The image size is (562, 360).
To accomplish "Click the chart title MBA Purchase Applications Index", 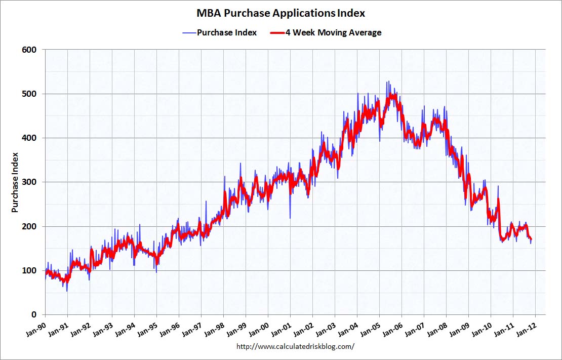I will point(280,13).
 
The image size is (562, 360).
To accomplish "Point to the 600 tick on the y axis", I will point(29,50).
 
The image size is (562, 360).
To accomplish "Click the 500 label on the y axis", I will point(29,94).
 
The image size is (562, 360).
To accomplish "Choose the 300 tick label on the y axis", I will point(29,182).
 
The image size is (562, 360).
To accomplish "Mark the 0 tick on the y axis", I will point(33,314).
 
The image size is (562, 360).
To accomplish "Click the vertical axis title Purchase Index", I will point(15,182).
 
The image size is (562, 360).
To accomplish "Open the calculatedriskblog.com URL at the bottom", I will point(296,347).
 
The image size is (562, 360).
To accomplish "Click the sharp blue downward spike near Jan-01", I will point(290,218).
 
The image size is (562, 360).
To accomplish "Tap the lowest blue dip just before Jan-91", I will point(67,291).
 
